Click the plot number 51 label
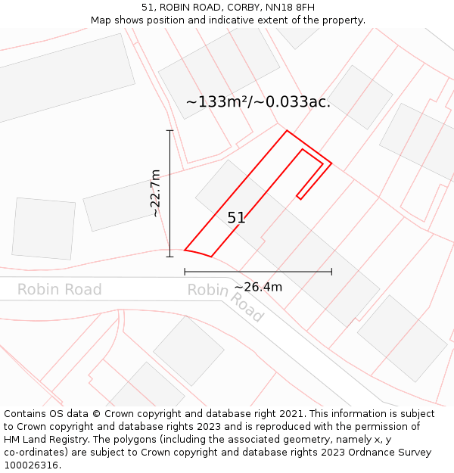[x=236, y=218]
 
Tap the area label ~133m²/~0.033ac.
[x=258, y=101]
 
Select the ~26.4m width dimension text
[x=258, y=287]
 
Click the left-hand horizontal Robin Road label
[x=59, y=290]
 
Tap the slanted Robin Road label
[x=225, y=300]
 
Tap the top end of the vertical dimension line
[x=169, y=131]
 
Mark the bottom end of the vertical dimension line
[x=169, y=257]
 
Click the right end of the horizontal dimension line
[x=331, y=271]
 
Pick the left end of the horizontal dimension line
[x=185, y=271]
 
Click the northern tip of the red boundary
[x=287, y=131]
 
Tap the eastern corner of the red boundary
[x=331, y=163]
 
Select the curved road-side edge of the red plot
[x=198, y=252]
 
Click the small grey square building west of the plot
[x=44, y=228]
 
